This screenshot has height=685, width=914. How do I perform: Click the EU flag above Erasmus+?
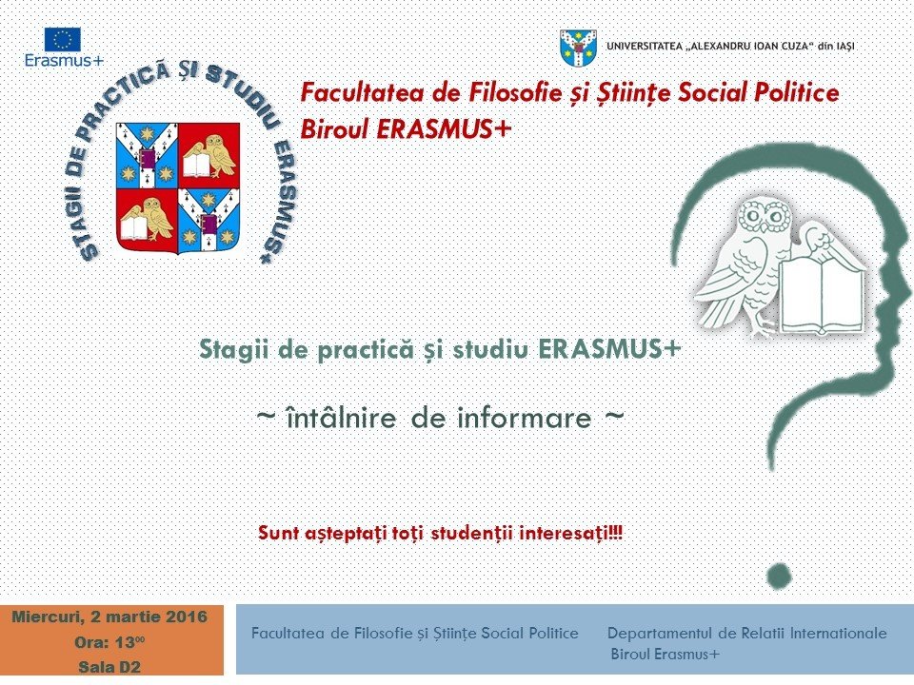pyautogui.click(x=63, y=40)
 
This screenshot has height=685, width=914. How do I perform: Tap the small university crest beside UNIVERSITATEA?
pyautogui.click(x=578, y=48)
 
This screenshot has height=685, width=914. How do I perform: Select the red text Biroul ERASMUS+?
pyautogui.click(x=406, y=128)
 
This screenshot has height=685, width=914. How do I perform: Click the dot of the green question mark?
pyautogui.click(x=779, y=577)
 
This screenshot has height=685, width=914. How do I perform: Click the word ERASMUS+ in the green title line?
pyautogui.click(x=609, y=349)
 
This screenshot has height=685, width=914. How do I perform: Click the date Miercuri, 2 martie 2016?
pyautogui.click(x=109, y=616)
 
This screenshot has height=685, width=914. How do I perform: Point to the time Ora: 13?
pyautogui.click(x=109, y=642)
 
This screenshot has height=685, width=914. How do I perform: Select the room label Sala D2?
pyautogui.click(x=109, y=667)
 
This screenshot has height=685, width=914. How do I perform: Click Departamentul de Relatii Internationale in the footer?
pyautogui.click(x=746, y=634)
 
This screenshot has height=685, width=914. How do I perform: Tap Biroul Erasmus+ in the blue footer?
pyautogui.click(x=666, y=655)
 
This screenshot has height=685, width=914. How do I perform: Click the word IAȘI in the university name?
pyautogui.click(x=844, y=46)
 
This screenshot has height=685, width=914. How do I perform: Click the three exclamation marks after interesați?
pyautogui.click(x=616, y=533)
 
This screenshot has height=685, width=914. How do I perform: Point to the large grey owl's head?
pyautogui.click(x=765, y=216)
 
